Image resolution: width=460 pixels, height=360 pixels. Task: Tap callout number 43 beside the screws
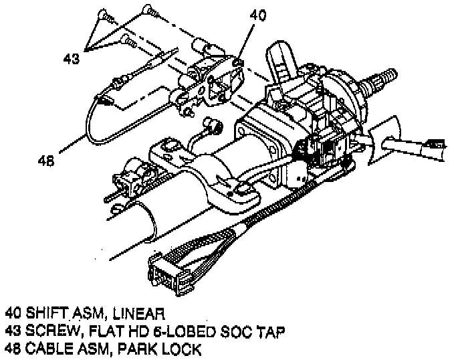point(71,58)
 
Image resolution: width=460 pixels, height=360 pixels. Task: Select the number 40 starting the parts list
point(14,313)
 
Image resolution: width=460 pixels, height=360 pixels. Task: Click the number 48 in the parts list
point(14,348)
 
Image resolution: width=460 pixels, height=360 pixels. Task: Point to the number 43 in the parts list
point(14,331)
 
